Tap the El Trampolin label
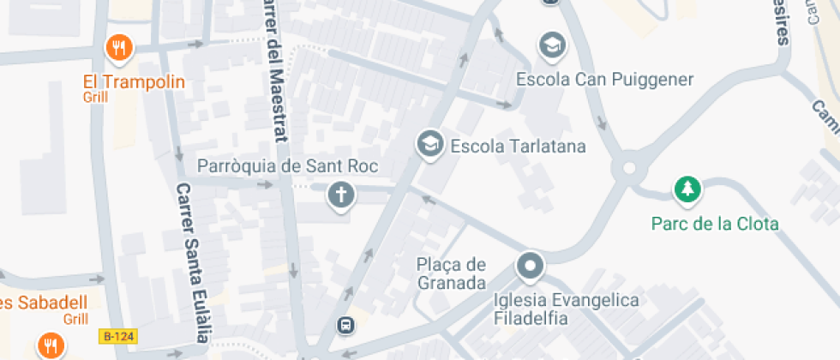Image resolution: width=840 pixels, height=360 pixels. click(x=134, y=82)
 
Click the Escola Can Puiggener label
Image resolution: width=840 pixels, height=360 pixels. click(x=604, y=80)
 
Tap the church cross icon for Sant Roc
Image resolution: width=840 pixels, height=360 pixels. click(x=341, y=196)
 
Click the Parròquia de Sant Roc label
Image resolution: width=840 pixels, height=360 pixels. click(x=288, y=165)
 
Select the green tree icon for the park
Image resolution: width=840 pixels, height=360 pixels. click(x=687, y=189)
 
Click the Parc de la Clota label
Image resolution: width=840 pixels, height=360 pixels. click(x=715, y=224)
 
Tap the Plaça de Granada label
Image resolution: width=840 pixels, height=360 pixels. click(x=452, y=273)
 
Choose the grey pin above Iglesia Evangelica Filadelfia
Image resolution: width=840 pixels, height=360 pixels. click(x=531, y=266)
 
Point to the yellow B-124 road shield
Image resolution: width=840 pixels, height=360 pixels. click(x=118, y=337)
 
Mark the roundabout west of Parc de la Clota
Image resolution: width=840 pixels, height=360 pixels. click(x=632, y=165)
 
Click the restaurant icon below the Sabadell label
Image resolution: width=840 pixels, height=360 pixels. click(x=51, y=346)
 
